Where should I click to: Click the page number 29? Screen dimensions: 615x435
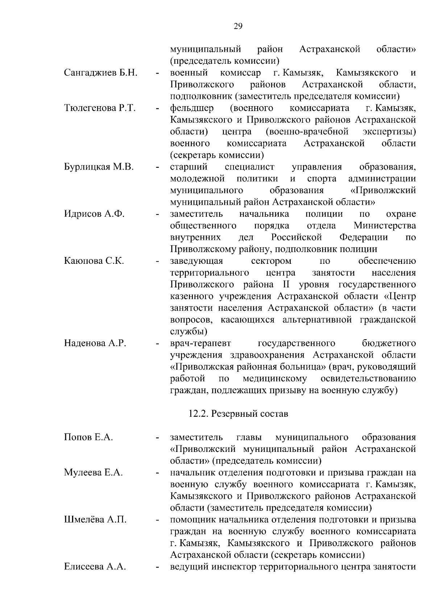(x=238, y=26)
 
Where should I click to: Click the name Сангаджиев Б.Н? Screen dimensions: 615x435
(x=100, y=73)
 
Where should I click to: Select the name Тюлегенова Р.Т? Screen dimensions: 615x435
(x=100, y=108)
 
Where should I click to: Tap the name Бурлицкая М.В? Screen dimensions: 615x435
(x=99, y=167)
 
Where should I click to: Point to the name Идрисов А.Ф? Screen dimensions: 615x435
(x=94, y=214)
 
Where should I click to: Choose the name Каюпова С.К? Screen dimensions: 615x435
(x=94, y=261)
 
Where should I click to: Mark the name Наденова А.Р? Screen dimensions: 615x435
(x=95, y=343)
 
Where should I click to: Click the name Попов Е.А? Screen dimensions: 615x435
(x=88, y=437)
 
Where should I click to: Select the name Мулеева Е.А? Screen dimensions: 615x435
(x=94, y=473)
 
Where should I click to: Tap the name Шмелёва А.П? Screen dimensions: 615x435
(x=95, y=520)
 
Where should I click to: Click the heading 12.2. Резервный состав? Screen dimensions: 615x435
(x=238, y=414)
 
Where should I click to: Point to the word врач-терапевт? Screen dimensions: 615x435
(x=200, y=343)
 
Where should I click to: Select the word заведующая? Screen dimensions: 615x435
(x=196, y=261)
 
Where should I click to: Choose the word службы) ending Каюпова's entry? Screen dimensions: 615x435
(x=188, y=331)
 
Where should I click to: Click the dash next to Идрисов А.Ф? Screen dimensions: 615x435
(x=157, y=215)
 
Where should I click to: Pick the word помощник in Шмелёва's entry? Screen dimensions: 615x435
(x=192, y=520)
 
